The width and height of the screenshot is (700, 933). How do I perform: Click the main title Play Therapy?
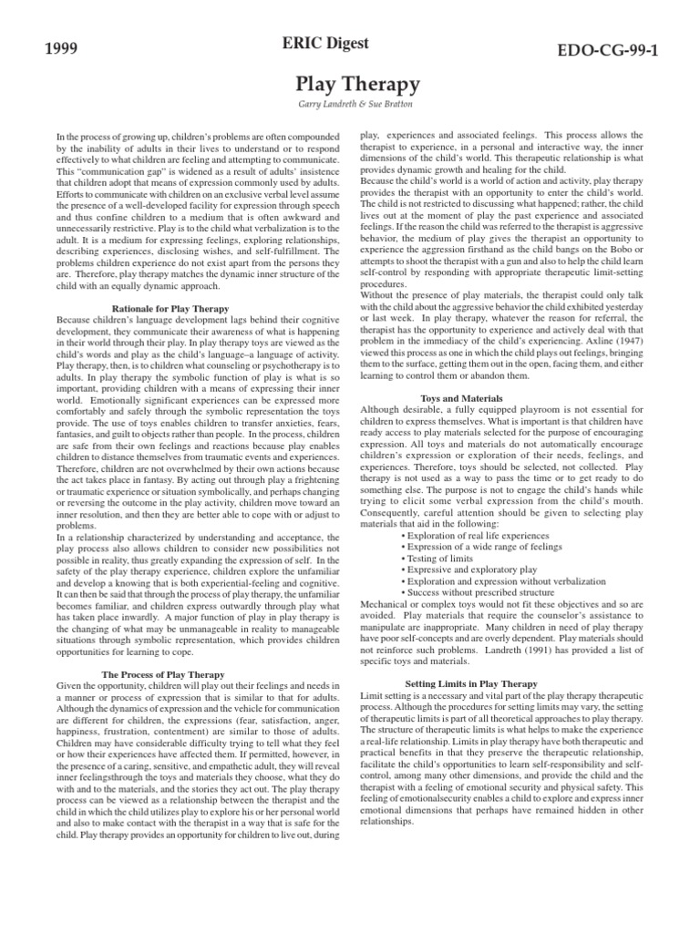pos(357,85)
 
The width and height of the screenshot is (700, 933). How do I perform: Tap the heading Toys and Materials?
pos(461,398)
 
